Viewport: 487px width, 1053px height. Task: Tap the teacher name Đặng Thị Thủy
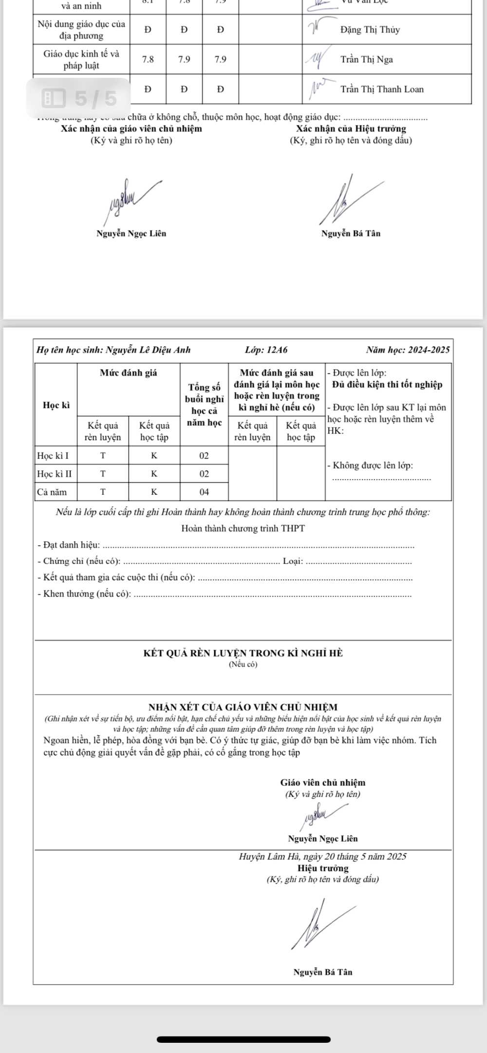pyautogui.click(x=370, y=30)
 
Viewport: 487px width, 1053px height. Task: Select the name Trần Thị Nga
pyautogui.click(x=366, y=60)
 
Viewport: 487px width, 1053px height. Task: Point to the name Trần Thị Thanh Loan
pyautogui.click(x=382, y=89)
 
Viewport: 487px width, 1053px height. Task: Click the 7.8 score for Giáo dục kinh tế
pyautogui.click(x=148, y=60)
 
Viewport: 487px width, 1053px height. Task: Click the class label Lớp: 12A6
pyautogui.click(x=266, y=350)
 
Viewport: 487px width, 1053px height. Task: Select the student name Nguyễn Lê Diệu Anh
pyautogui.click(x=148, y=350)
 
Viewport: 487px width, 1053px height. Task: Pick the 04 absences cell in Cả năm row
pyautogui.click(x=204, y=492)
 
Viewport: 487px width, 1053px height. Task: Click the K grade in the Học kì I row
pyautogui.click(x=154, y=456)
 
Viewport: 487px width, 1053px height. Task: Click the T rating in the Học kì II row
pyautogui.click(x=103, y=474)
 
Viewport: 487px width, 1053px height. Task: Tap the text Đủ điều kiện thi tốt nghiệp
pyautogui.click(x=387, y=385)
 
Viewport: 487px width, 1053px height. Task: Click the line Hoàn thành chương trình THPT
pyautogui.click(x=243, y=529)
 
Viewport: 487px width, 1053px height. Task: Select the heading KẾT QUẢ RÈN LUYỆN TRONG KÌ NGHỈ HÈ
pyautogui.click(x=243, y=653)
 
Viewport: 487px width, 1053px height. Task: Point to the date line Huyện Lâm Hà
pyautogui.click(x=322, y=857)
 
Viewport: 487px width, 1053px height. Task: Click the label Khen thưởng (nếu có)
pyautogui.click(x=84, y=594)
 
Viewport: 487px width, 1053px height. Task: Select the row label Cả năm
pyautogui.click(x=52, y=492)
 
